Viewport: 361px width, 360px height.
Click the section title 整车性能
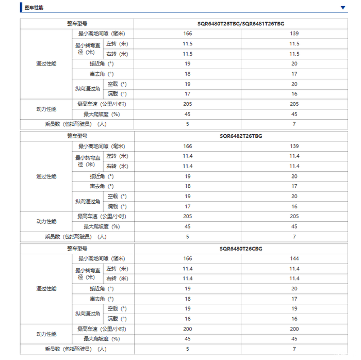click(34, 8)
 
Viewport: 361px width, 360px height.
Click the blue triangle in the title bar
click(343, 8)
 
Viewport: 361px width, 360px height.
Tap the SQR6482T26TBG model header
click(240, 136)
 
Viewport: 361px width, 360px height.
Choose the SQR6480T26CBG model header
click(240, 249)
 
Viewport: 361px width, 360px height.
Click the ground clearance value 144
click(294, 258)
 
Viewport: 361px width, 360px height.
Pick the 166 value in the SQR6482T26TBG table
click(187, 146)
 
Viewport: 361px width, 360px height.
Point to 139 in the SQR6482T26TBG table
click(294, 146)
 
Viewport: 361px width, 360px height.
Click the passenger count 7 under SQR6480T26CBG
click(294, 349)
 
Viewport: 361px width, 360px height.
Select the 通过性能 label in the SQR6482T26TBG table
click(46, 176)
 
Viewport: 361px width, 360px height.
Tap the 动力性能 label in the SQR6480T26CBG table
click(46, 334)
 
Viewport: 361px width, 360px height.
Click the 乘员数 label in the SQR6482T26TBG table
click(76, 237)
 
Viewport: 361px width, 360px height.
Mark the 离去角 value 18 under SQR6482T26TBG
click(187, 186)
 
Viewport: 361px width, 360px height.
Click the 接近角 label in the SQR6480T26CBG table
click(101, 289)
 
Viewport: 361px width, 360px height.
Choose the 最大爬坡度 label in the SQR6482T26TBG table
click(101, 226)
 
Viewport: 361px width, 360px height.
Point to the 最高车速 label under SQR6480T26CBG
click(101, 329)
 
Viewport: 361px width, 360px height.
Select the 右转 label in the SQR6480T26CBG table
click(117, 279)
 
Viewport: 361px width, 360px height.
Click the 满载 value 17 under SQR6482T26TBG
click(187, 206)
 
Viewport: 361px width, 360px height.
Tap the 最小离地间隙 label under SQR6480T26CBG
click(101, 258)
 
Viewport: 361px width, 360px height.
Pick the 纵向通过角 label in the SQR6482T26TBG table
click(88, 201)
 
